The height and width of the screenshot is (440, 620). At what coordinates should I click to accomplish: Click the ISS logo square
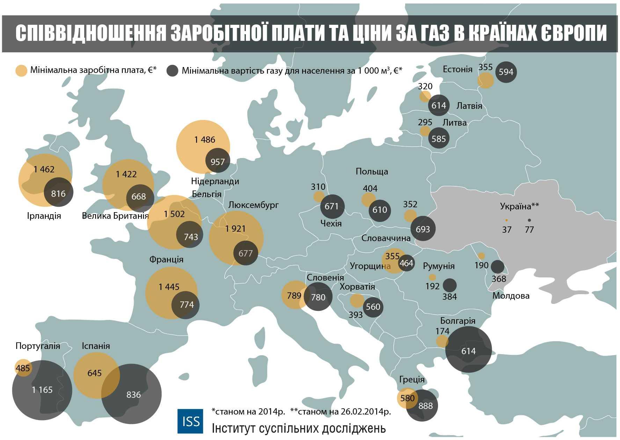point(190,421)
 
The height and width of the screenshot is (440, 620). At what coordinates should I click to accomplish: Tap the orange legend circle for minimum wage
point(21,71)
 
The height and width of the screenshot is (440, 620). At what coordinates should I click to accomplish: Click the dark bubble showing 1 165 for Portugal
point(42,390)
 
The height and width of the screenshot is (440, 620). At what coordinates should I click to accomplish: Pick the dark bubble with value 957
point(218,162)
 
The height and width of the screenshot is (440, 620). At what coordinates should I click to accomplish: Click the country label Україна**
point(519,206)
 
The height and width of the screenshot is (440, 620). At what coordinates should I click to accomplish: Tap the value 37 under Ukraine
point(506,230)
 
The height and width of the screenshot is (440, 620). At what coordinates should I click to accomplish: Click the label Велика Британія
point(115,216)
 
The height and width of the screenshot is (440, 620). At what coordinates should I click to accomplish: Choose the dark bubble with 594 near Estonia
point(506,72)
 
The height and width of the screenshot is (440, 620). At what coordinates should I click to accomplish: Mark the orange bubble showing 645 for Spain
point(95,374)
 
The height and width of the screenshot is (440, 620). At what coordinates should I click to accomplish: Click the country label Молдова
point(511,296)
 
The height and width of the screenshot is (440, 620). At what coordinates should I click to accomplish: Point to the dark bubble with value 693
point(423,229)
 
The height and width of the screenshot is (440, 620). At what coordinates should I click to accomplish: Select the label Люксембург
point(253,205)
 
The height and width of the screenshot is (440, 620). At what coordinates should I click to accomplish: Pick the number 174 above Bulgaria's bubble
point(442,331)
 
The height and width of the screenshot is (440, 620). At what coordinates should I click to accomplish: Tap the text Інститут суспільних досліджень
point(299,428)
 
